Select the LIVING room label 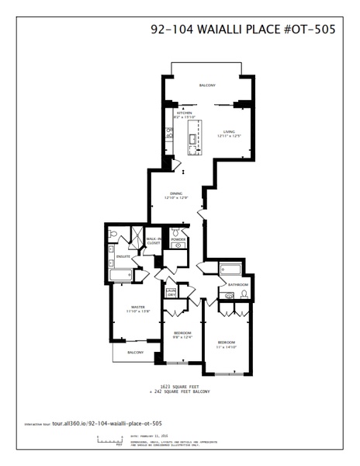tap(229, 132)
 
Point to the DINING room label tap(176, 194)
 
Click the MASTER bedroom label tap(139, 307)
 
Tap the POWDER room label tap(178, 239)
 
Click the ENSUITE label tap(123, 256)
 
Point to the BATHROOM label tap(237, 285)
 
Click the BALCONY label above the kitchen tap(207, 85)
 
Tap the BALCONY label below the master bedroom tap(136, 352)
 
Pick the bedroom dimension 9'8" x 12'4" tap(182, 336)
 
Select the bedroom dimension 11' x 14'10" tap(227, 346)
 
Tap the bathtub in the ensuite tap(122, 275)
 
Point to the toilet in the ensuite tap(113, 233)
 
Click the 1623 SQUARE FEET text tap(179, 385)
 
